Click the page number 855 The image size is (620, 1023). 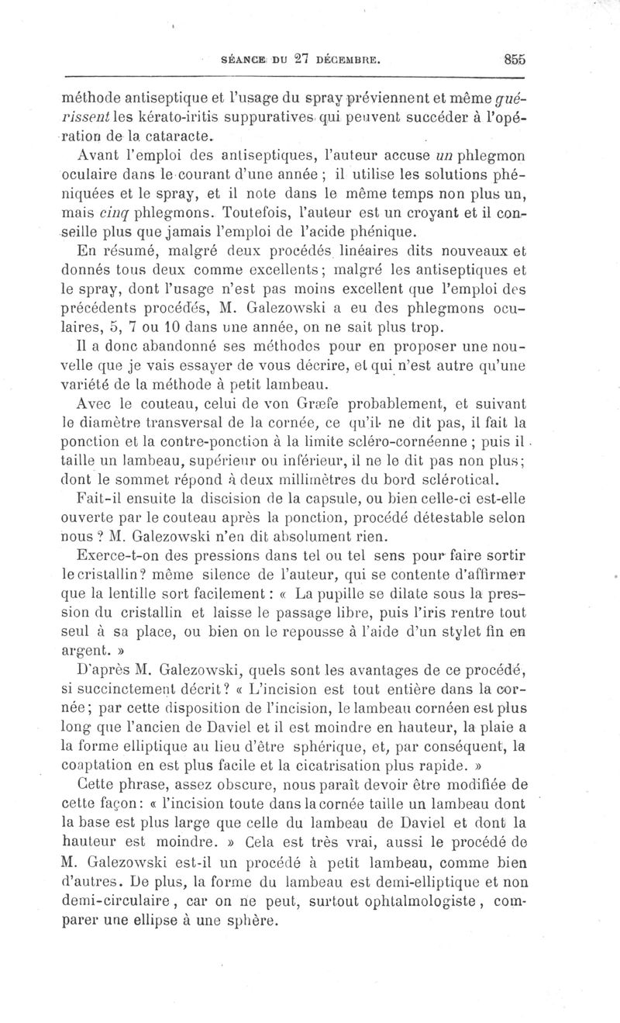point(514,57)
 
